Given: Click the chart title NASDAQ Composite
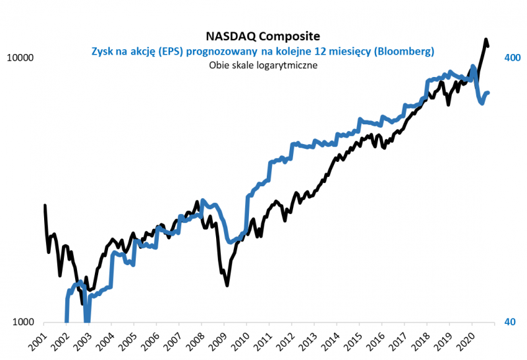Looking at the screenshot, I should tap(263, 36).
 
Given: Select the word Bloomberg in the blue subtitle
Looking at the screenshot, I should tap(406, 50).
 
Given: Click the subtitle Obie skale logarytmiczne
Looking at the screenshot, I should tap(263, 64).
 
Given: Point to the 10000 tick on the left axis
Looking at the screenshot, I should tap(19, 58).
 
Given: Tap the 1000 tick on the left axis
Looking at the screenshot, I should tap(22, 322).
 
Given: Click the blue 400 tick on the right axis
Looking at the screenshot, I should tap(512, 58).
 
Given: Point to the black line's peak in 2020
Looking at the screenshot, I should tap(486, 40).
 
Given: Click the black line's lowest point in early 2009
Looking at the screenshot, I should tap(227, 285).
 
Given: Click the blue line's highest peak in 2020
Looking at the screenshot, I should tap(473, 66).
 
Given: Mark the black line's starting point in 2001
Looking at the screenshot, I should tap(45, 205).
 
